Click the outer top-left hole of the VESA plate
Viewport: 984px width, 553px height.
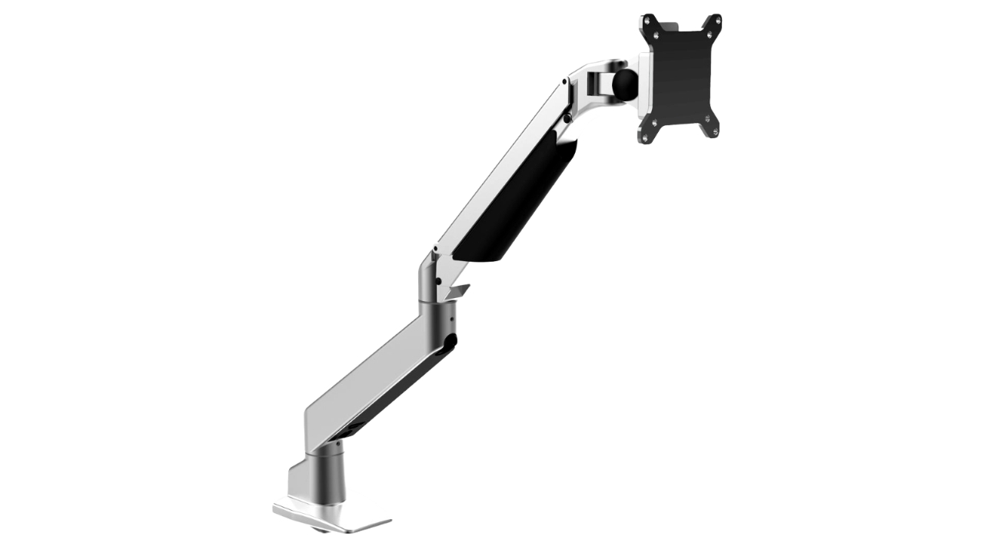[647, 18]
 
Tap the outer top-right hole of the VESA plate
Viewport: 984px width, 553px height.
[716, 18]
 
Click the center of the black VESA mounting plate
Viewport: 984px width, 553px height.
[681, 77]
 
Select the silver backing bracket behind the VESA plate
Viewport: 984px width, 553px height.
[644, 81]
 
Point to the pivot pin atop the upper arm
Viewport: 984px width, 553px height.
[565, 80]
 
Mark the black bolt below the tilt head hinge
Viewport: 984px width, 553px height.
[567, 118]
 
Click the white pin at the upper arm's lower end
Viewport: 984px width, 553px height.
[434, 248]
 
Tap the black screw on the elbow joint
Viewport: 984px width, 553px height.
[437, 282]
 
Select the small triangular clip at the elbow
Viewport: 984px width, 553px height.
[459, 290]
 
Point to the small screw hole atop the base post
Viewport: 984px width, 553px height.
[339, 445]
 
